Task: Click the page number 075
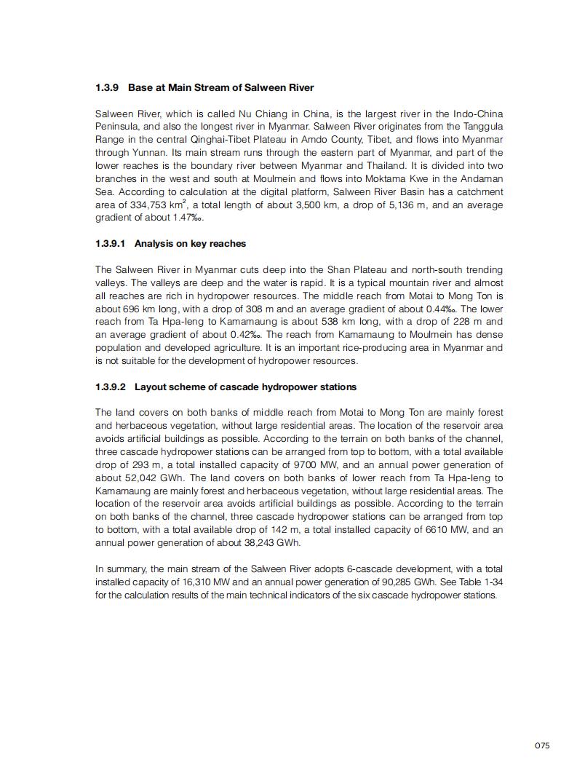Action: (541, 745)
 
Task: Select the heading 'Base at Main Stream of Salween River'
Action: (221, 88)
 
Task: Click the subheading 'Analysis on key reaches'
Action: (190, 244)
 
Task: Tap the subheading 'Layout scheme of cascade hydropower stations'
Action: (245, 387)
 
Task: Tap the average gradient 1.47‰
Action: (173, 218)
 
